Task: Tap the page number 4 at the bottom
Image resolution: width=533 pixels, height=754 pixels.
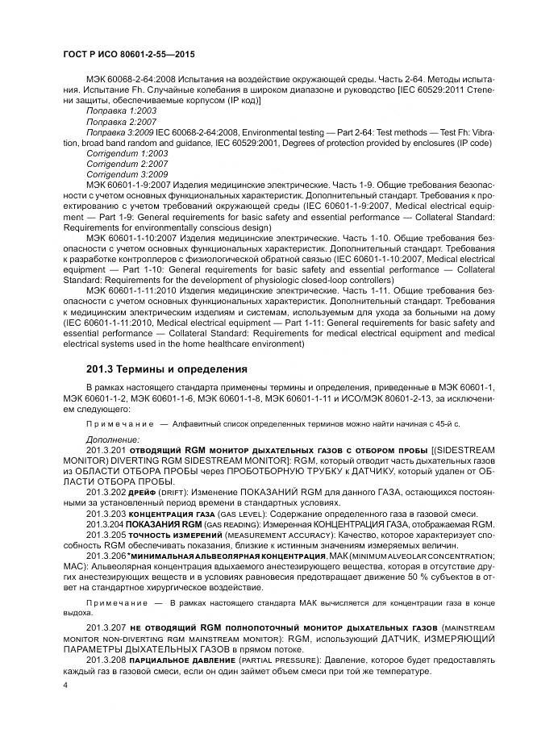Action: tap(65, 684)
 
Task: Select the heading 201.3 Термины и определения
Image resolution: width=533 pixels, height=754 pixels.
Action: tap(166, 369)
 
